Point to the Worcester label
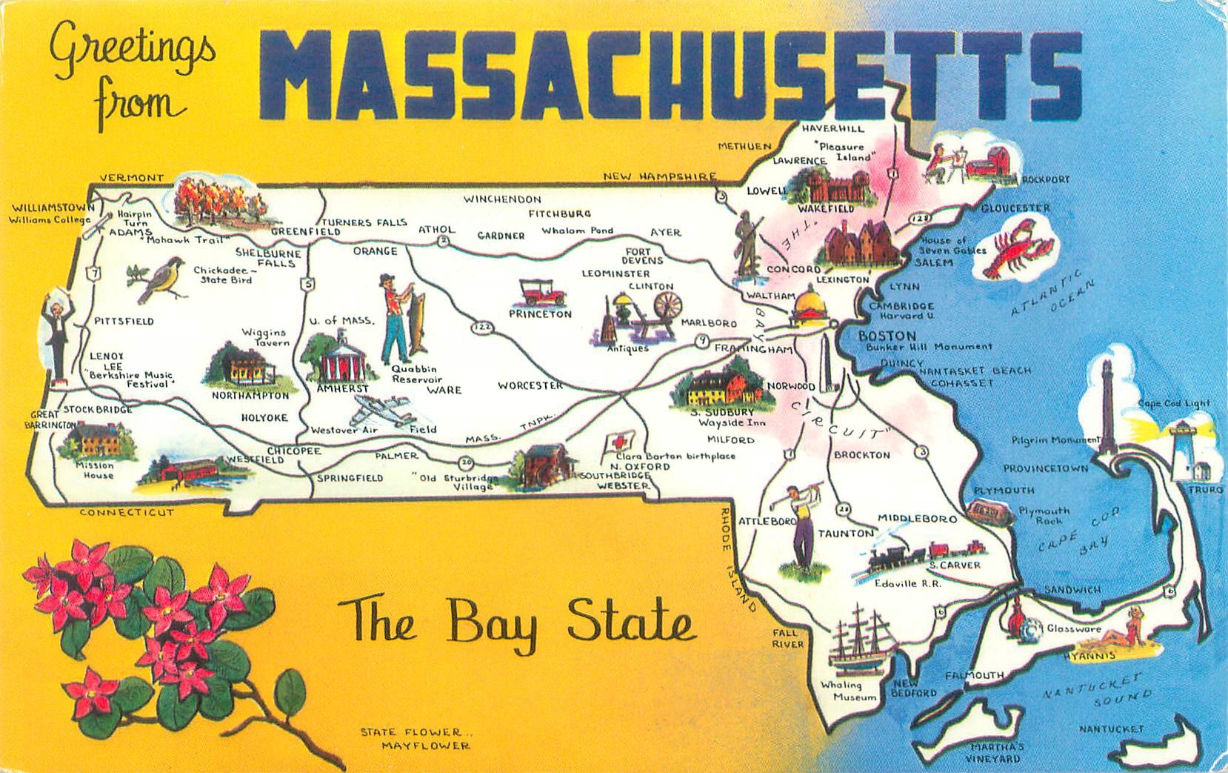point(530,385)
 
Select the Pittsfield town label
point(124,321)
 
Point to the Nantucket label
point(1111,729)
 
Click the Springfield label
point(350,478)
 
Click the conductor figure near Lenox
point(55,334)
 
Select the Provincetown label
point(1046,468)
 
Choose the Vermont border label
point(131,178)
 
